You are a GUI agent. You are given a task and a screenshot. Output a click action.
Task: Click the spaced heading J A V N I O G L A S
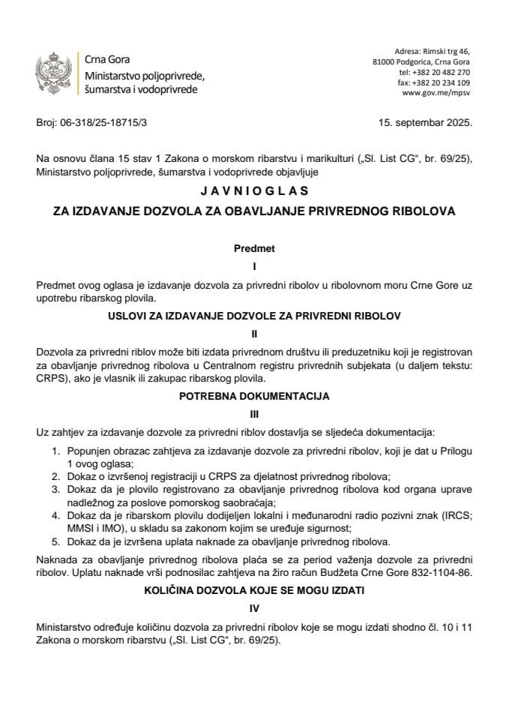pos(254,192)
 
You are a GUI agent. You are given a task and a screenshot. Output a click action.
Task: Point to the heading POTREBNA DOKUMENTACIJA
pos(254,395)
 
